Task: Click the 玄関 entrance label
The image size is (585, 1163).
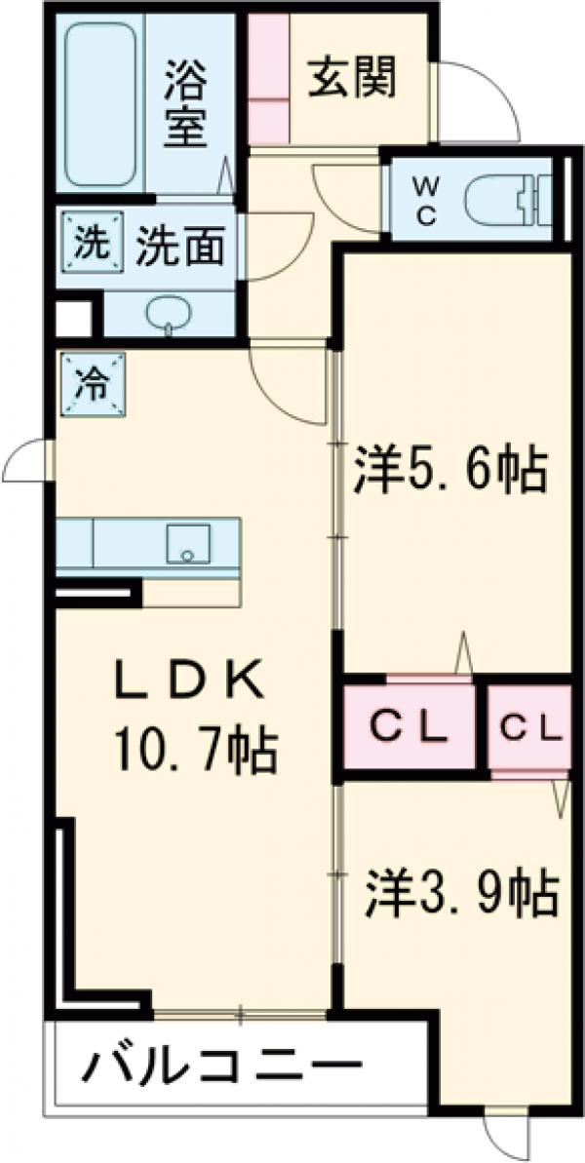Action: click(353, 79)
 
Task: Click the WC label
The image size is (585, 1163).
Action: click(425, 201)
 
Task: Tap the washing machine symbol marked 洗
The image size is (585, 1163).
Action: click(88, 242)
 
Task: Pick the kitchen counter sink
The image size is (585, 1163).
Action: click(189, 543)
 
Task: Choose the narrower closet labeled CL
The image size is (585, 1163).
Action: click(530, 727)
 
